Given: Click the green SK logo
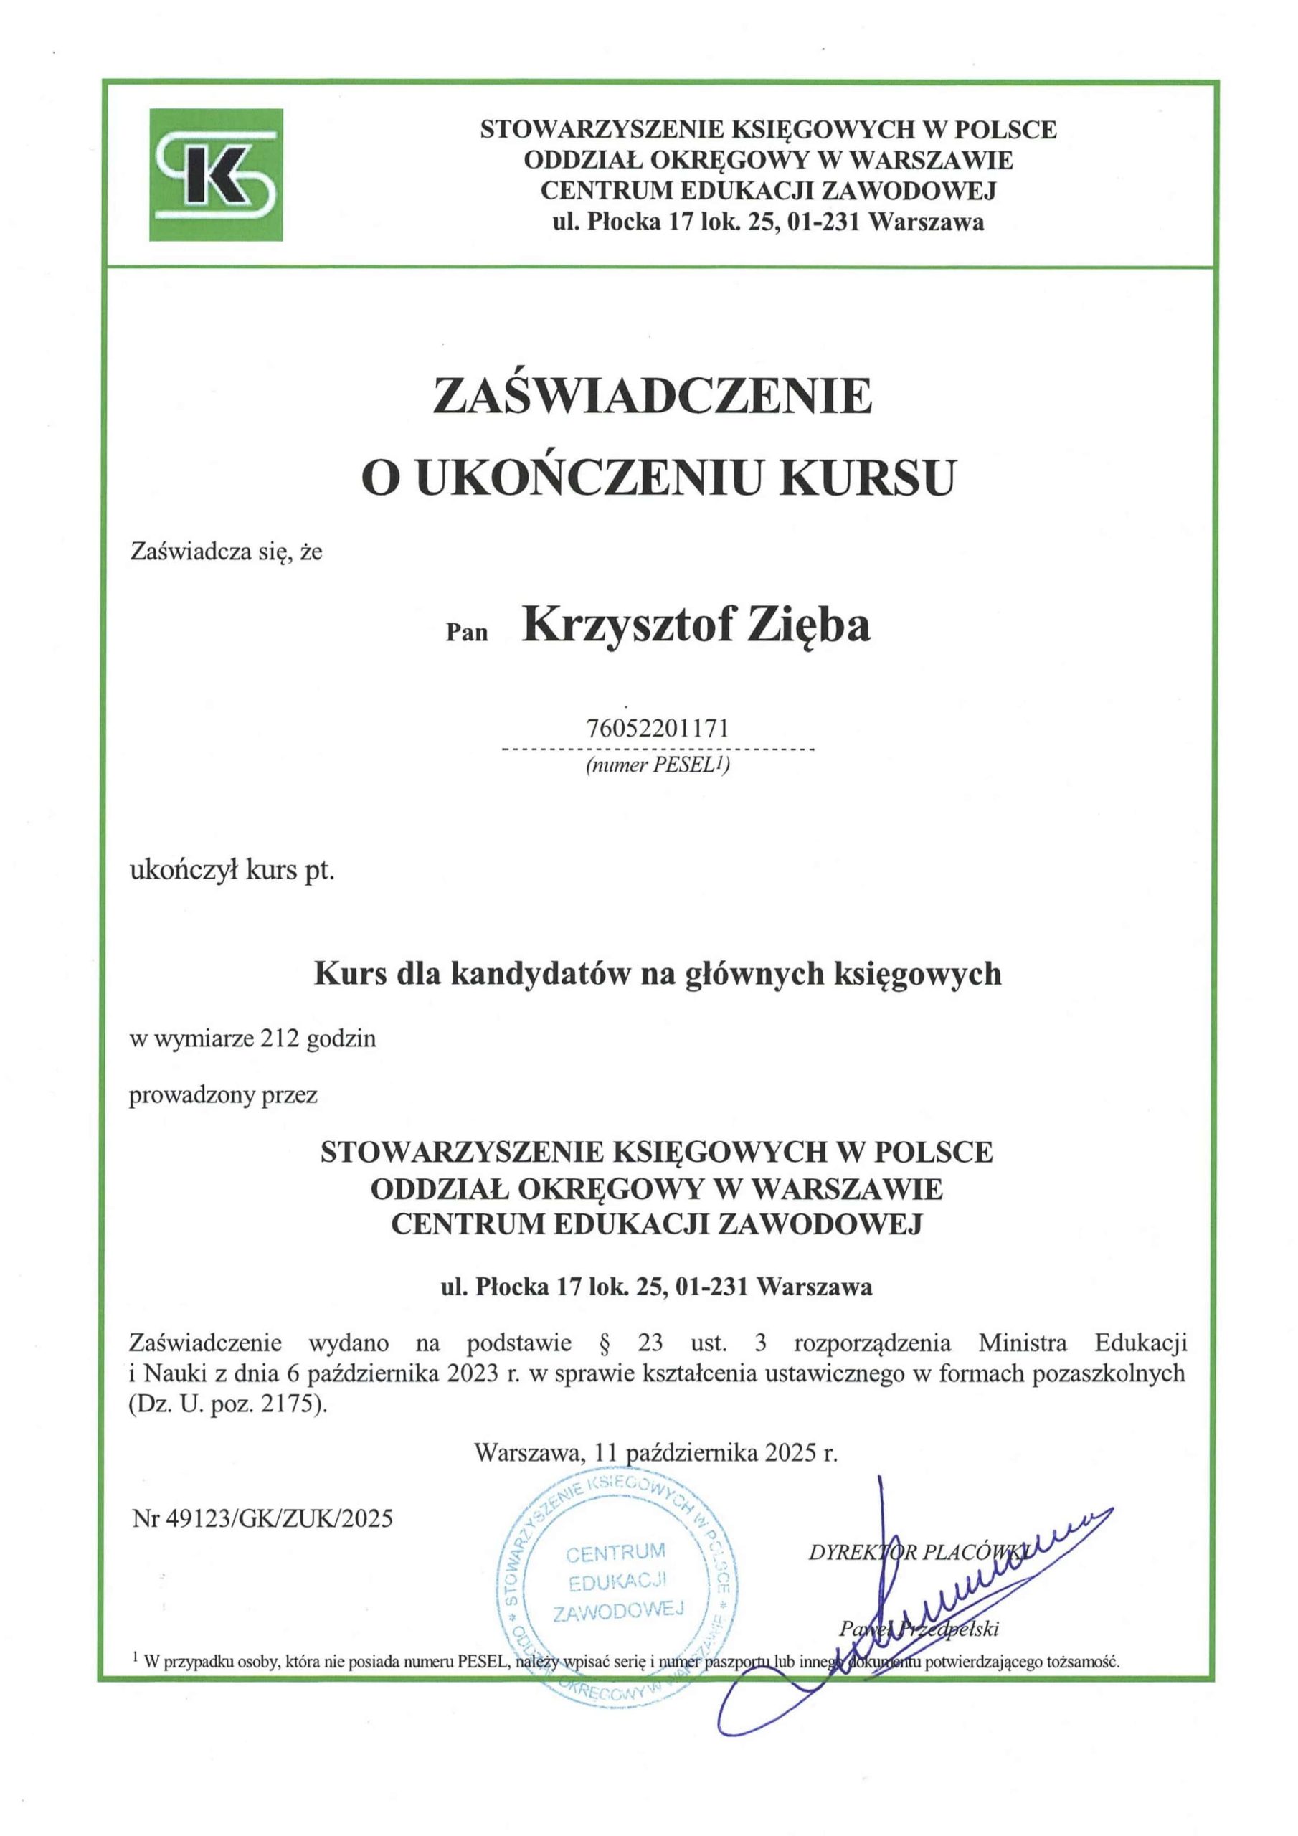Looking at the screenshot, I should (x=216, y=174).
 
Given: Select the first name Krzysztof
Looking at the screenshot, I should (x=627, y=626).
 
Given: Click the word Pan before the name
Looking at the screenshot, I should (x=466, y=633).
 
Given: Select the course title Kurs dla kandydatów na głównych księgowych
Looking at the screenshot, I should (x=658, y=974).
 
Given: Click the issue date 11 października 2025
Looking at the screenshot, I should (x=716, y=1453).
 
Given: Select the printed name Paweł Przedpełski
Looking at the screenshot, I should (x=919, y=1629).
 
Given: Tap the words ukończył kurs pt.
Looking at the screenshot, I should (x=232, y=871).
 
